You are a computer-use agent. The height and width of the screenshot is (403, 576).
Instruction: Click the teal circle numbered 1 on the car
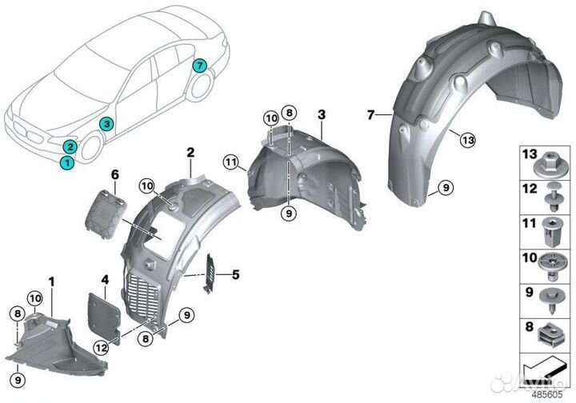click(x=67, y=162)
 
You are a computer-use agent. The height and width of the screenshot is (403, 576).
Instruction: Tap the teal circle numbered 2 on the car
click(x=70, y=146)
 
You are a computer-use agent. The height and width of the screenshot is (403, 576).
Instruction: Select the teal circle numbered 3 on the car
click(x=106, y=122)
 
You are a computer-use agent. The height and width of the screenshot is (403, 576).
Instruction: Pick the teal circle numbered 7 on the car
click(x=199, y=64)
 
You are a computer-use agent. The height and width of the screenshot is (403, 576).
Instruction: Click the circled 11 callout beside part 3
click(x=232, y=166)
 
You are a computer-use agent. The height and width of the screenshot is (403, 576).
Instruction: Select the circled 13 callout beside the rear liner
click(x=468, y=140)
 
